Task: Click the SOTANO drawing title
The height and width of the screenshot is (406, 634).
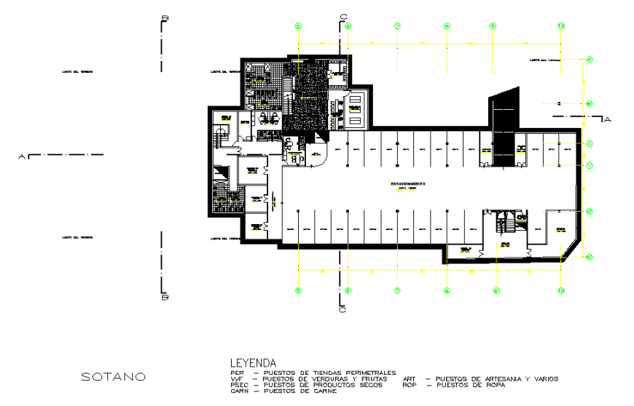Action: tap(113, 377)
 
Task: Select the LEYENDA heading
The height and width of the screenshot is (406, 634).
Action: tap(253, 362)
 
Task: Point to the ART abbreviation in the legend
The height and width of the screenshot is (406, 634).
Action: tap(410, 379)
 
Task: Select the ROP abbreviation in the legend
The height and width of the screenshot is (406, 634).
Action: tap(410, 386)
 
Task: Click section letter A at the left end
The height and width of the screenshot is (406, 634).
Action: tap(22, 156)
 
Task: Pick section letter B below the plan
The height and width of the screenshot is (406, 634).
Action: tap(165, 297)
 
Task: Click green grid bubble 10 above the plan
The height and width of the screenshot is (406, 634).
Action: tap(560, 26)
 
